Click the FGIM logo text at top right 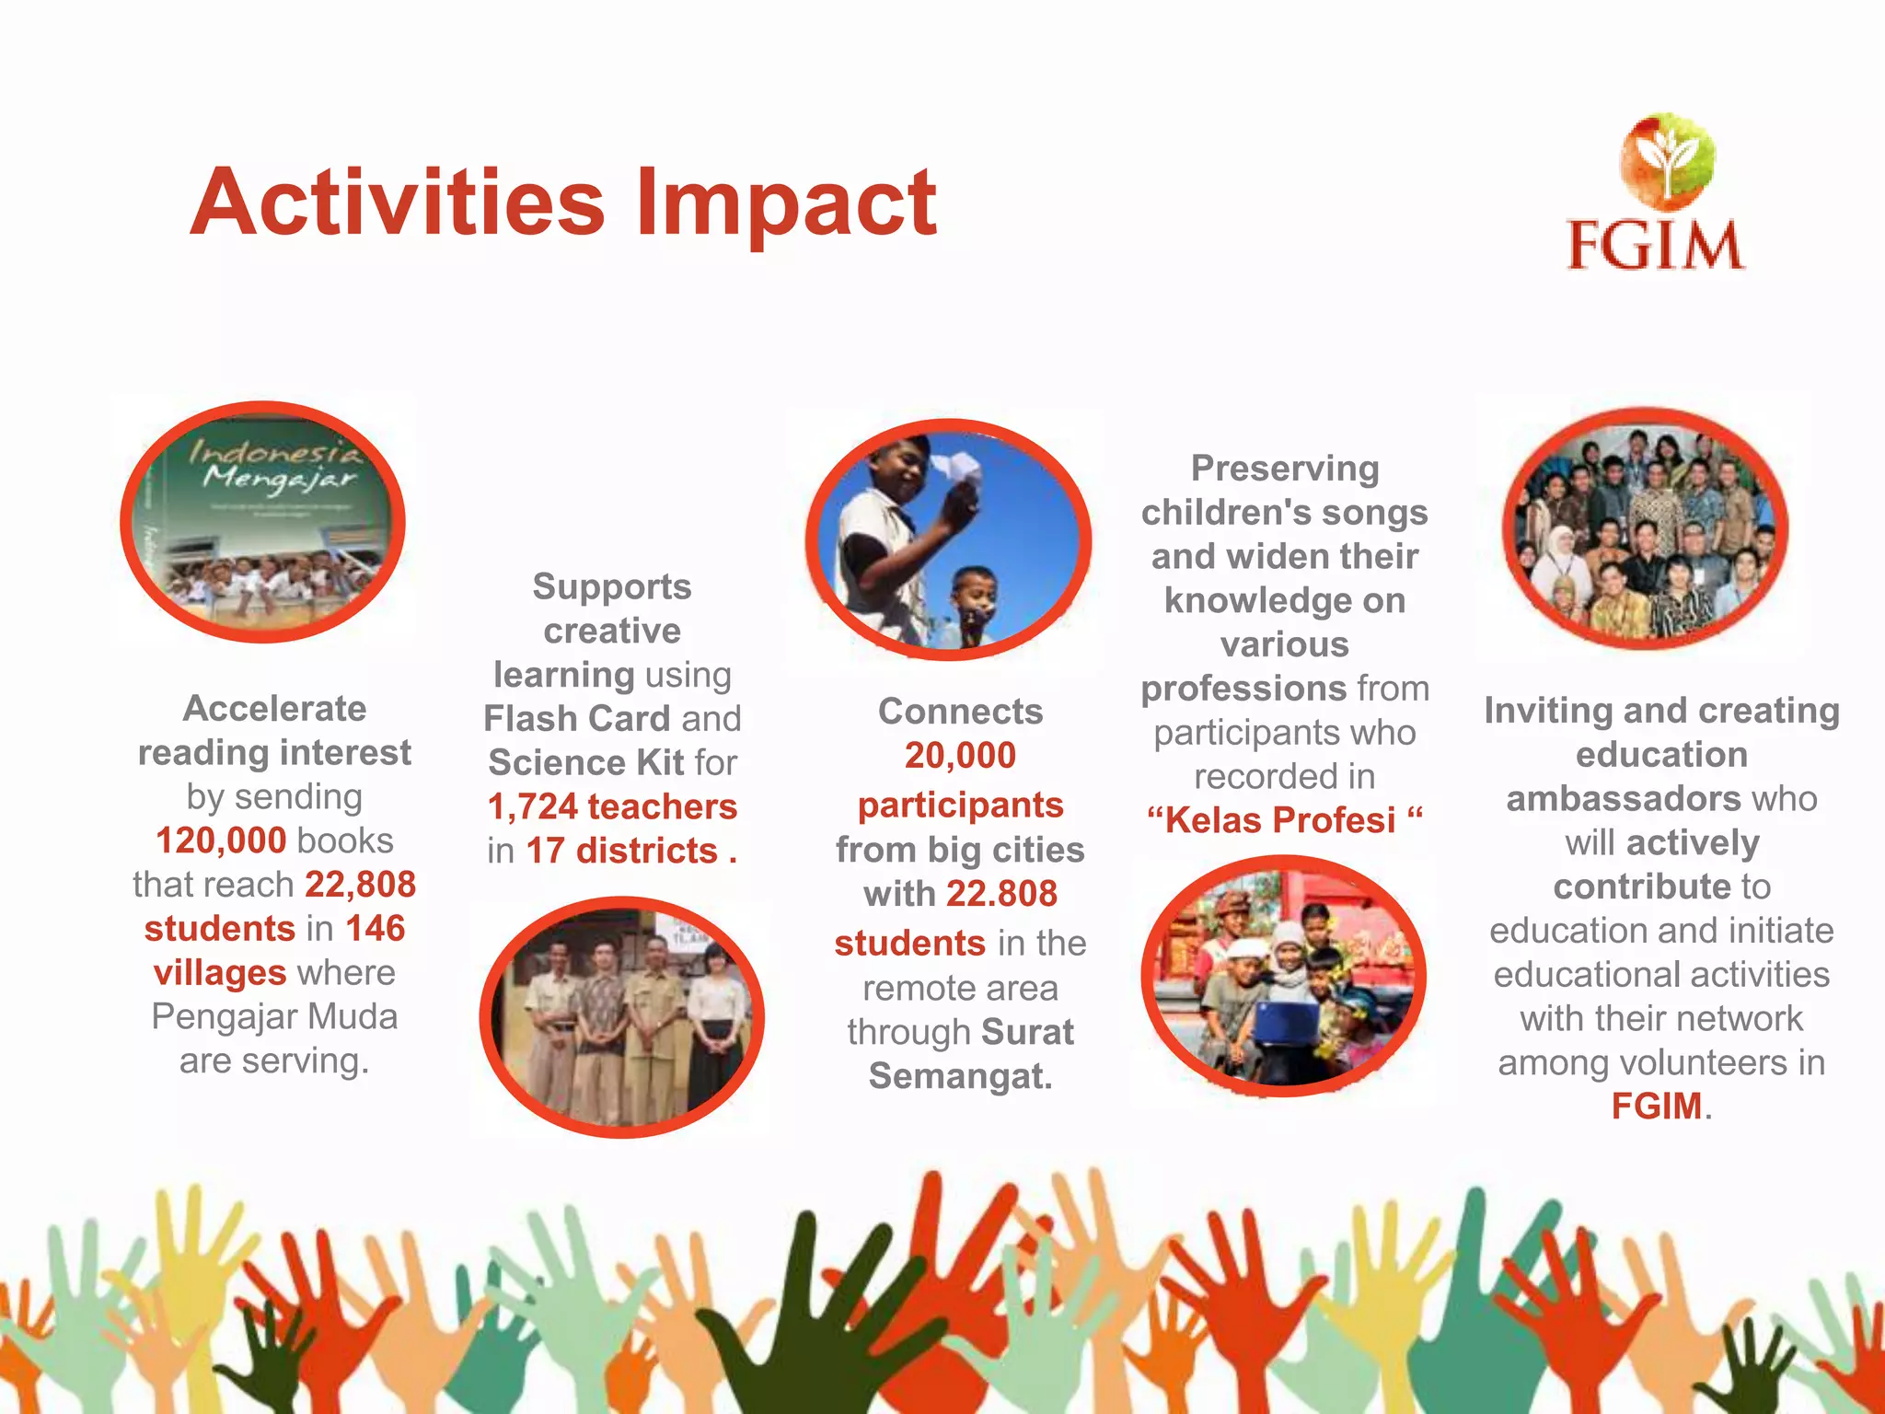coord(1654,245)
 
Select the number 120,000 coord(221,840)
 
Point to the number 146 coord(375,928)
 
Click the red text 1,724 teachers coord(612,806)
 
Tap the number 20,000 coord(960,756)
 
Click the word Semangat coord(959,1076)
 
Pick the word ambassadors coord(1623,798)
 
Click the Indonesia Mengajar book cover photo coord(263,522)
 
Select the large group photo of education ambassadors coord(1645,528)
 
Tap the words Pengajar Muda coord(274,1017)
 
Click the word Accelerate coord(274,709)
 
